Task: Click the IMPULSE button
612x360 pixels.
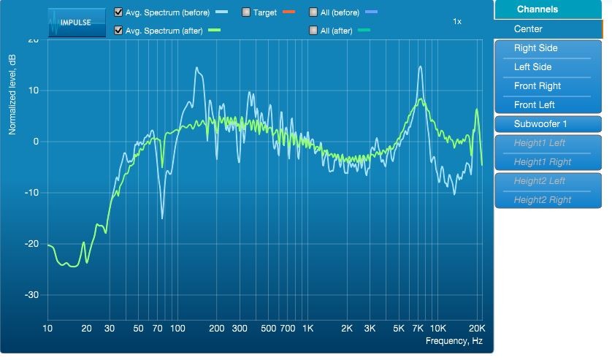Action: pos(77,22)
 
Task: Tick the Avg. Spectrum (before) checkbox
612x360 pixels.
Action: pos(118,12)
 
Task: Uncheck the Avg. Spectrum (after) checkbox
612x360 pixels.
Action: pos(118,30)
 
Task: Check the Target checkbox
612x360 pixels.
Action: pos(246,12)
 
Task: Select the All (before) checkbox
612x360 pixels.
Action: pos(313,12)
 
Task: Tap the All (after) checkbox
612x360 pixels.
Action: pos(313,30)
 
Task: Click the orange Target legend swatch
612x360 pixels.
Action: pos(288,12)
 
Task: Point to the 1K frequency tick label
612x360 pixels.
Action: pos(307,329)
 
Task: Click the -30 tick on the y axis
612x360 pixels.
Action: pos(31,295)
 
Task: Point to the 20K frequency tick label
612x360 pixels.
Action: pos(477,329)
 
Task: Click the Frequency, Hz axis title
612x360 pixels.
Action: pos(454,341)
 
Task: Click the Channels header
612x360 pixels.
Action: pos(537,9)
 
